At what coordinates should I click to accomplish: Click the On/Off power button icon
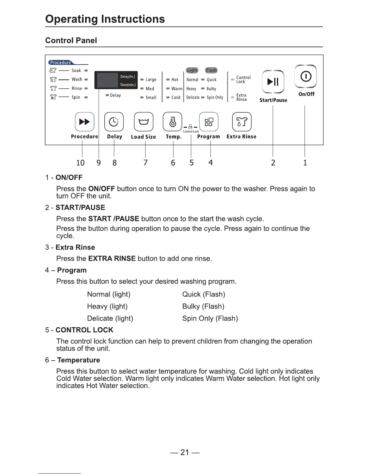(x=305, y=76)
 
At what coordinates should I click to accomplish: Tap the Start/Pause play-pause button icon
(x=273, y=81)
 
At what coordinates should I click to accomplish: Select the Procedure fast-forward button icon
(x=84, y=122)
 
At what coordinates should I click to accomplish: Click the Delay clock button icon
(x=114, y=122)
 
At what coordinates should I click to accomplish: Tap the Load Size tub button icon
(x=143, y=122)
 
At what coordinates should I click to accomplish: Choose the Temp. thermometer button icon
(x=172, y=122)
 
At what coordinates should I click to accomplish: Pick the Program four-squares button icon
(x=209, y=122)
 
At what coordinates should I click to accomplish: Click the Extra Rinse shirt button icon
(x=242, y=122)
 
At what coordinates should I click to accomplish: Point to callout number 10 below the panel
(x=80, y=163)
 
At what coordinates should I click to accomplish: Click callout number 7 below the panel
(x=146, y=163)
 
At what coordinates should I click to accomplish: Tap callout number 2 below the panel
(x=273, y=163)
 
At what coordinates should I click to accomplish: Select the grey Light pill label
(x=192, y=70)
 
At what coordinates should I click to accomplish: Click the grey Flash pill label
(x=211, y=70)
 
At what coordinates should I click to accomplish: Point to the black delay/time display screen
(x=116, y=80)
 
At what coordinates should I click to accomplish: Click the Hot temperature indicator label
(x=175, y=80)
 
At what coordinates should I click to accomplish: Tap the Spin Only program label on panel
(x=215, y=97)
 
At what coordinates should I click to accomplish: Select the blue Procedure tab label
(x=60, y=63)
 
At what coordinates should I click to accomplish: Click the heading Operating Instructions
(x=105, y=19)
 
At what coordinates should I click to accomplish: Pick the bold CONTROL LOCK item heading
(x=84, y=330)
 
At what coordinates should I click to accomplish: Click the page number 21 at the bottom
(x=185, y=452)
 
